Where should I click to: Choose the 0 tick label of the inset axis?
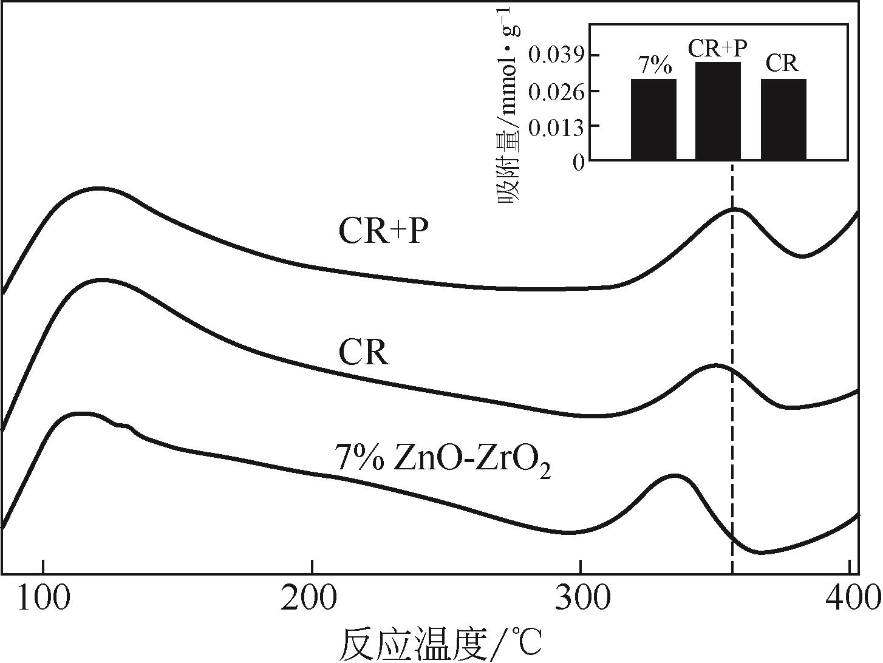point(579,162)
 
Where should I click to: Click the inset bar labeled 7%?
point(653,120)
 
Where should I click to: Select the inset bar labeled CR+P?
point(718,111)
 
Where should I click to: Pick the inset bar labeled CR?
point(783,120)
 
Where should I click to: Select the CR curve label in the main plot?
point(363,353)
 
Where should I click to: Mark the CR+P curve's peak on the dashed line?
point(733,209)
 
